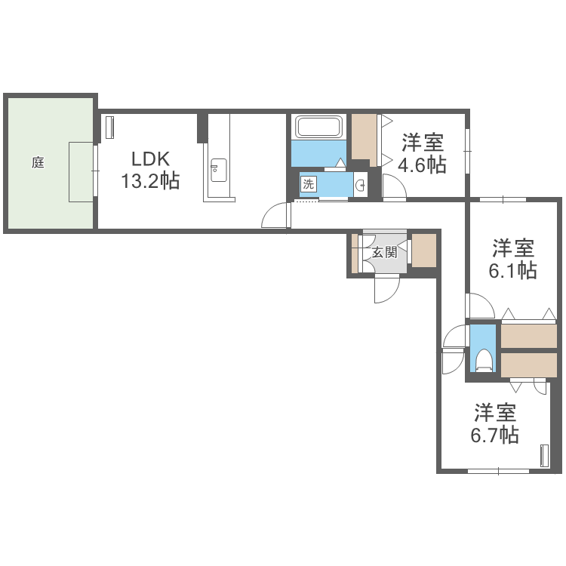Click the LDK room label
[152, 159]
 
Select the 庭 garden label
[38, 161]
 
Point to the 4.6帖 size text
[423, 165]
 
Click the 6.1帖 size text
[512, 270]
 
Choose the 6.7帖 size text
[494, 435]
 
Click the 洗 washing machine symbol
[308, 183]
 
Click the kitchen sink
[218, 171]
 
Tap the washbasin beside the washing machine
[360, 184]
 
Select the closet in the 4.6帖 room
[365, 138]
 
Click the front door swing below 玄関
[386, 289]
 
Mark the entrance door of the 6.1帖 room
[478, 305]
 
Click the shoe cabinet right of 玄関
[423, 251]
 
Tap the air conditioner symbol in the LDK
[109, 127]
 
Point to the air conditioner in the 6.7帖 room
[544, 457]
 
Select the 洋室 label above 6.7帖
[495, 413]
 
